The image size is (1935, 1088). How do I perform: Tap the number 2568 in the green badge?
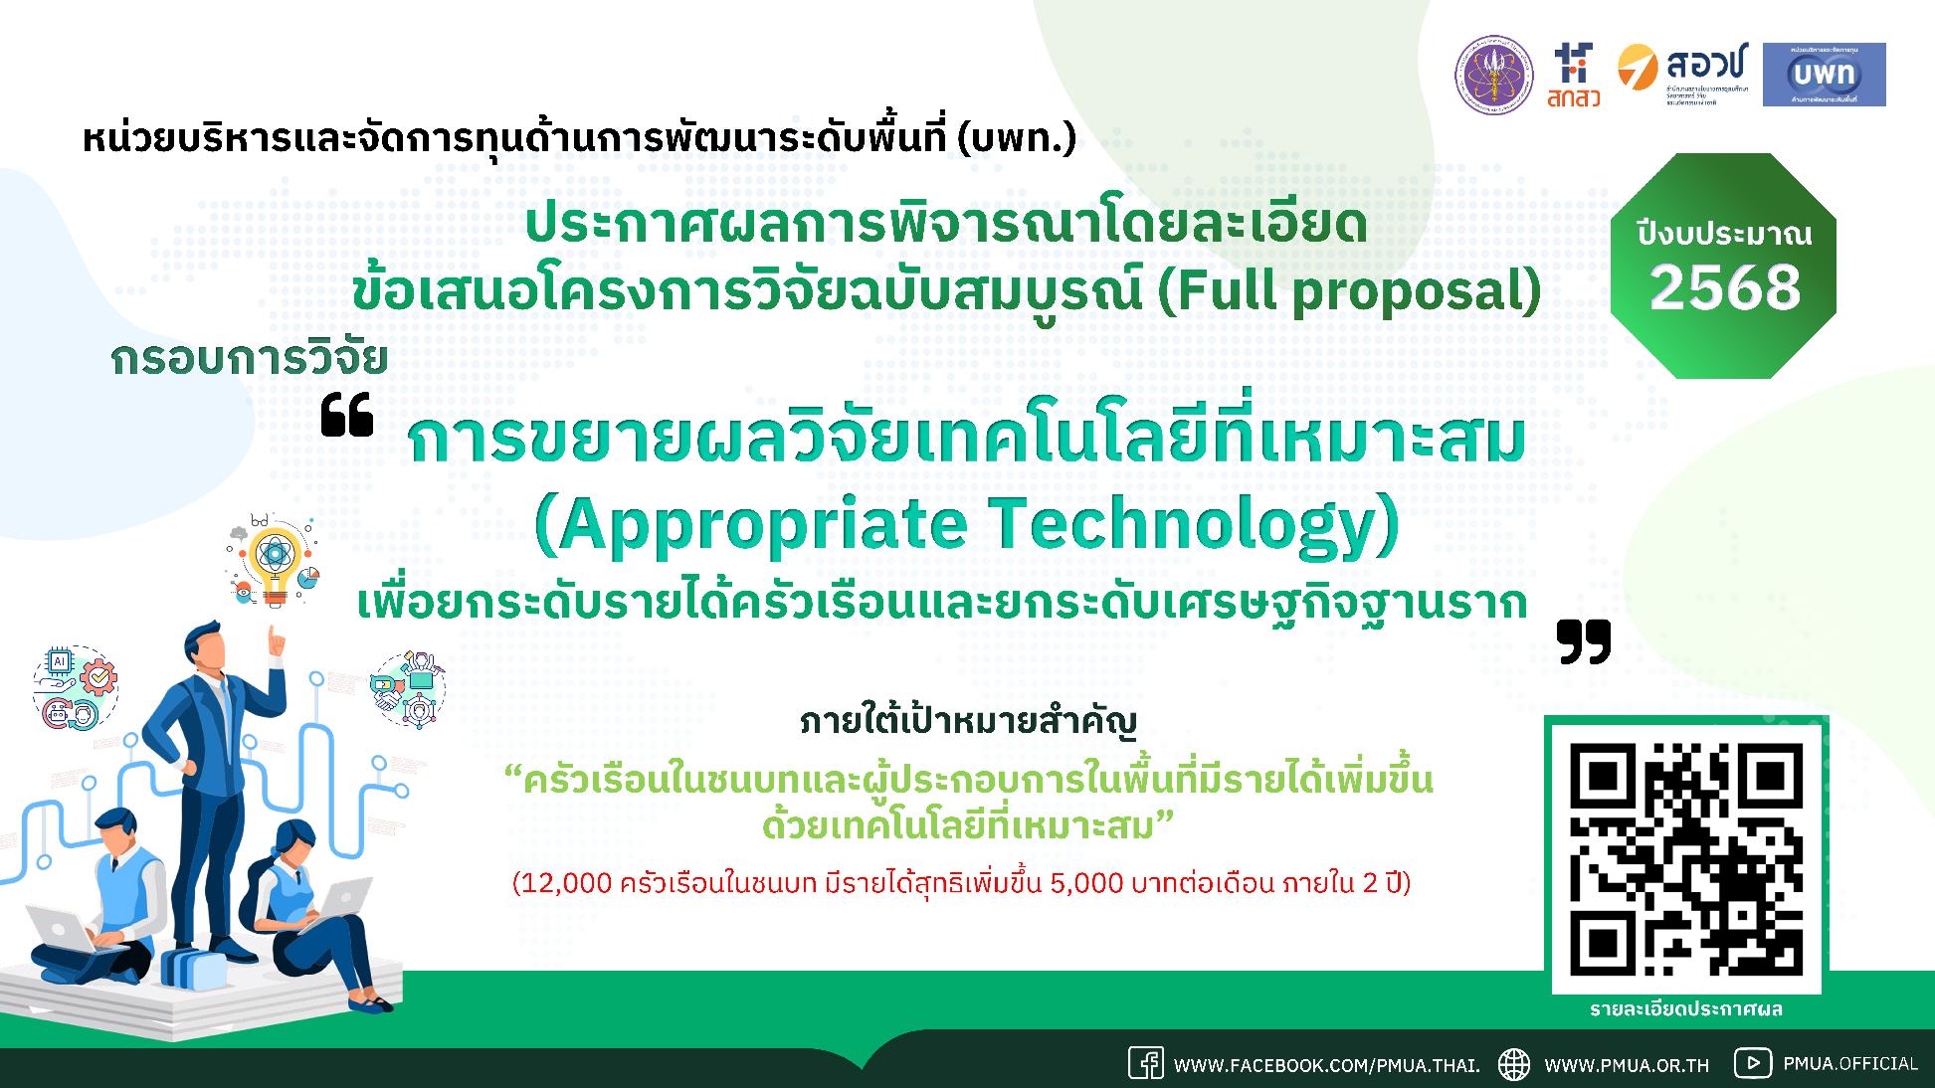click(x=1725, y=288)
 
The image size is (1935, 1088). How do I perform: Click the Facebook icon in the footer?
click(x=1145, y=1063)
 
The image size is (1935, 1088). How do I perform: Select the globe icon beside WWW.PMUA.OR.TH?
click(x=1514, y=1063)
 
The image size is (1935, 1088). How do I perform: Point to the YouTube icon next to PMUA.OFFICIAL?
click(x=1753, y=1063)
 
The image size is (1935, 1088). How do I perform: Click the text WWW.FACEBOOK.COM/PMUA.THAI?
click(x=1326, y=1065)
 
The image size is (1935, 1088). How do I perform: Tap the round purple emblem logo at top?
click(x=1494, y=76)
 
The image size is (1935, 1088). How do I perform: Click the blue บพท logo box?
click(x=1824, y=75)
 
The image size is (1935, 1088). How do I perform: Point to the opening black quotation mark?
click(x=347, y=417)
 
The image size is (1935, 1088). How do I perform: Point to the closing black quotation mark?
click(x=1584, y=641)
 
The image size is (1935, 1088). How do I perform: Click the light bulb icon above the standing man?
click(x=272, y=562)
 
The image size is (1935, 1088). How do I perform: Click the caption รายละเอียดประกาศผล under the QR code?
click(x=1685, y=1009)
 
